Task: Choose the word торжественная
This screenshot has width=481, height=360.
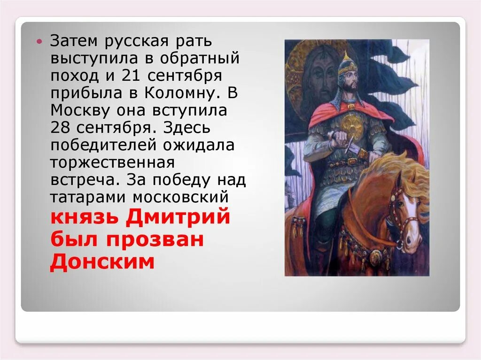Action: click(113, 163)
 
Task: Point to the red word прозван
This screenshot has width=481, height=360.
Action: click(155, 240)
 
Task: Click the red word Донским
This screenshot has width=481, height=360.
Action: click(102, 262)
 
